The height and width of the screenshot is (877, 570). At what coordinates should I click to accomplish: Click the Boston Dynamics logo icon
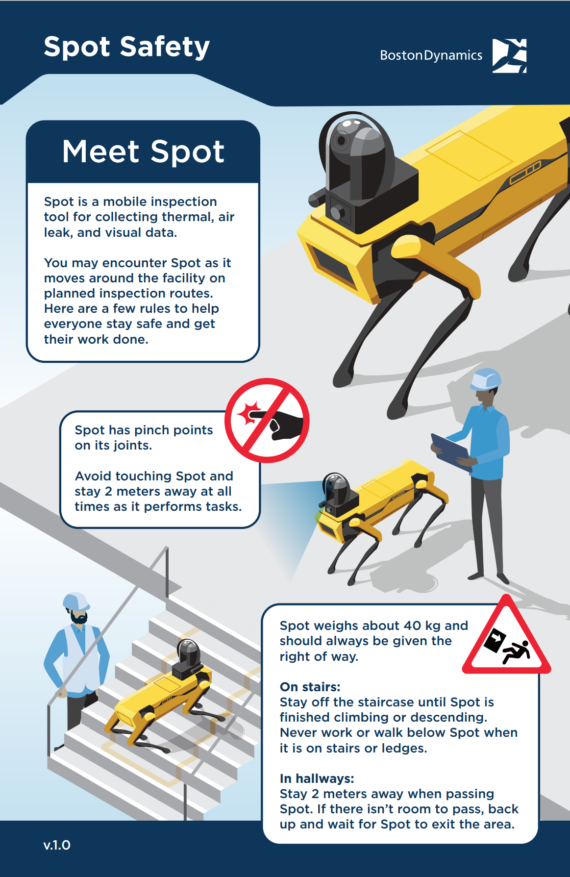509,55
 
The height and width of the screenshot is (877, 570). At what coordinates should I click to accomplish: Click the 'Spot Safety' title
127,48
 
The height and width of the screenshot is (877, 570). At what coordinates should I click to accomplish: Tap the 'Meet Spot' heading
143,151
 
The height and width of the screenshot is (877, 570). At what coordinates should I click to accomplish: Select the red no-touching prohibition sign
267,420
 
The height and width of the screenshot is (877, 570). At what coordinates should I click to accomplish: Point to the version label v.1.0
57,845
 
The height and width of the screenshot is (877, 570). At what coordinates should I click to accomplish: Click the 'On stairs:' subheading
310,687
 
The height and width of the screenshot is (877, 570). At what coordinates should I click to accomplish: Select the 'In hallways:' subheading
317,778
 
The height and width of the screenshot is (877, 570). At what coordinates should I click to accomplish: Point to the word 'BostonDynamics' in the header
431,55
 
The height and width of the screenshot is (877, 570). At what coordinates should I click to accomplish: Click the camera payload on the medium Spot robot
338,493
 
